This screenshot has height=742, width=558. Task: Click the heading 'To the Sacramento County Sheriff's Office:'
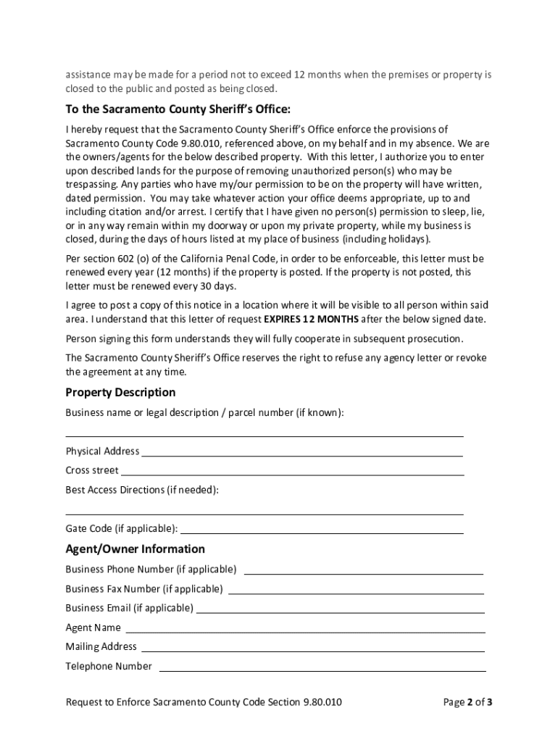[178, 109]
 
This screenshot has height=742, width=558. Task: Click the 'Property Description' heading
[120, 393]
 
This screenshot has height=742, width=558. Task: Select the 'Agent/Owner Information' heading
[135, 549]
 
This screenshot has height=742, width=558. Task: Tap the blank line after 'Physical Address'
[301, 454]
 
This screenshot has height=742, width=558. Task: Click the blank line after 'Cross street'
[292, 473]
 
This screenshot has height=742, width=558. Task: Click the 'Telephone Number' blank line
[321, 669]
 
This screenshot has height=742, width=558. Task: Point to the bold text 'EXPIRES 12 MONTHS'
[311, 320]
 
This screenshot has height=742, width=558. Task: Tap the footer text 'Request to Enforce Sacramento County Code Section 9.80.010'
[204, 702]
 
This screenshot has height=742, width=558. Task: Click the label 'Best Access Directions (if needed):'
[142, 490]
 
